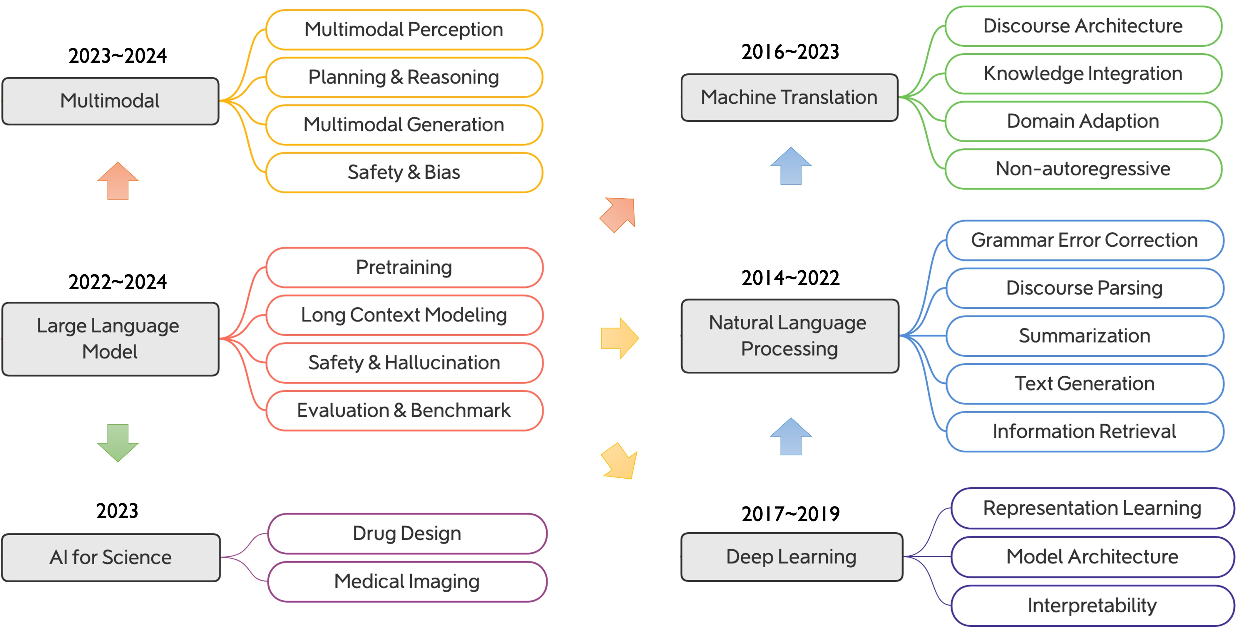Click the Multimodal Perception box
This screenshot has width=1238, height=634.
(x=404, y=30)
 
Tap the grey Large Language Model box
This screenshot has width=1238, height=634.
(x=111, y=339)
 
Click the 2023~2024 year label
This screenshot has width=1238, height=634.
(x=118, y=56)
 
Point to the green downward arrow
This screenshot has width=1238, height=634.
(x=118, y=443)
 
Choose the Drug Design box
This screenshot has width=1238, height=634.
(x=407, y=534)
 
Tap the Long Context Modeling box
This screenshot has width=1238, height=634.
(x=404, y=315)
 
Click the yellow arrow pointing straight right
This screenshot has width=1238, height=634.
(x=620, y=338)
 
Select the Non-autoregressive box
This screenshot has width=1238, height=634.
(x=1083, y=169)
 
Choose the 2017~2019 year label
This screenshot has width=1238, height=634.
(x=791, y=514)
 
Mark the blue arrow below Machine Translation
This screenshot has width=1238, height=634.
(x=791, y=166)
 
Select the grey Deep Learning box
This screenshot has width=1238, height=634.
(x=792, y=557)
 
